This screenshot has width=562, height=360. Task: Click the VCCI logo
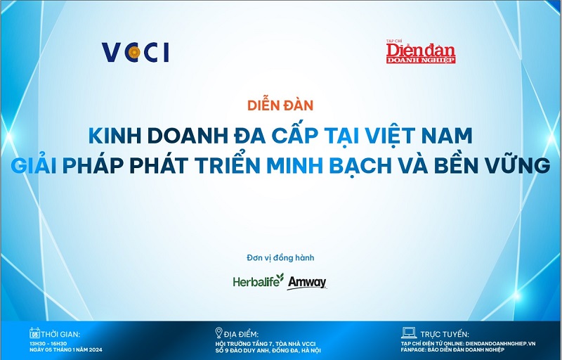(136, 53)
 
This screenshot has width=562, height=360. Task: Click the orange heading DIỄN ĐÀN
(280, 106)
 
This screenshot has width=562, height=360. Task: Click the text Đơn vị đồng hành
(280, 257)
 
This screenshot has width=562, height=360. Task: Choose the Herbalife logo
(259, 281)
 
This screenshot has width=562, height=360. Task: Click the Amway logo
(307, 282)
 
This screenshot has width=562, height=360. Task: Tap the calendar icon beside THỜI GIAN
(32, 333)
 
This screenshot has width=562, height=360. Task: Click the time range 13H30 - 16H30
(50, 342)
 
